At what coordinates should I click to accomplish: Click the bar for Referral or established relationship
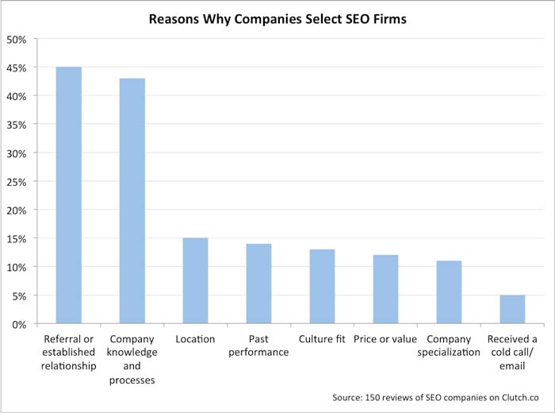click(68, 195)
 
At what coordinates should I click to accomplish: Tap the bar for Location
click(195, 280)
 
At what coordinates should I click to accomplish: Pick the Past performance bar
click(258, 284)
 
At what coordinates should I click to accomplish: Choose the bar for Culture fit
click(322, 286)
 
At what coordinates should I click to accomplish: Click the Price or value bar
click(385, 289)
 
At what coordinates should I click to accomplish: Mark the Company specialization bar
click(449, 291)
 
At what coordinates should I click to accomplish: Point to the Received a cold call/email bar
click(512, 309)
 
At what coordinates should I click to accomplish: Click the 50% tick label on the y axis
click(17, 39)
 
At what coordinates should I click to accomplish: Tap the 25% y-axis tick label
click(17, 181)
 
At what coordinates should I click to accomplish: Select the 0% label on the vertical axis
click(20, 324)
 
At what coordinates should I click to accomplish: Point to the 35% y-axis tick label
click(17, 125)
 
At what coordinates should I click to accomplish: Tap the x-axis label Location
click(195, 339)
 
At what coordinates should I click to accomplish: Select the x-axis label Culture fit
click(322, 339)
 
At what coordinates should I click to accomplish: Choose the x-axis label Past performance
click(258, 345)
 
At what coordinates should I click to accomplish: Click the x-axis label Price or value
click(385, 339)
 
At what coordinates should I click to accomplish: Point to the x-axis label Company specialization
click(449, 345)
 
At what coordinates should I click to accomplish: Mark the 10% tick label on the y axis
click(17, 267)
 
